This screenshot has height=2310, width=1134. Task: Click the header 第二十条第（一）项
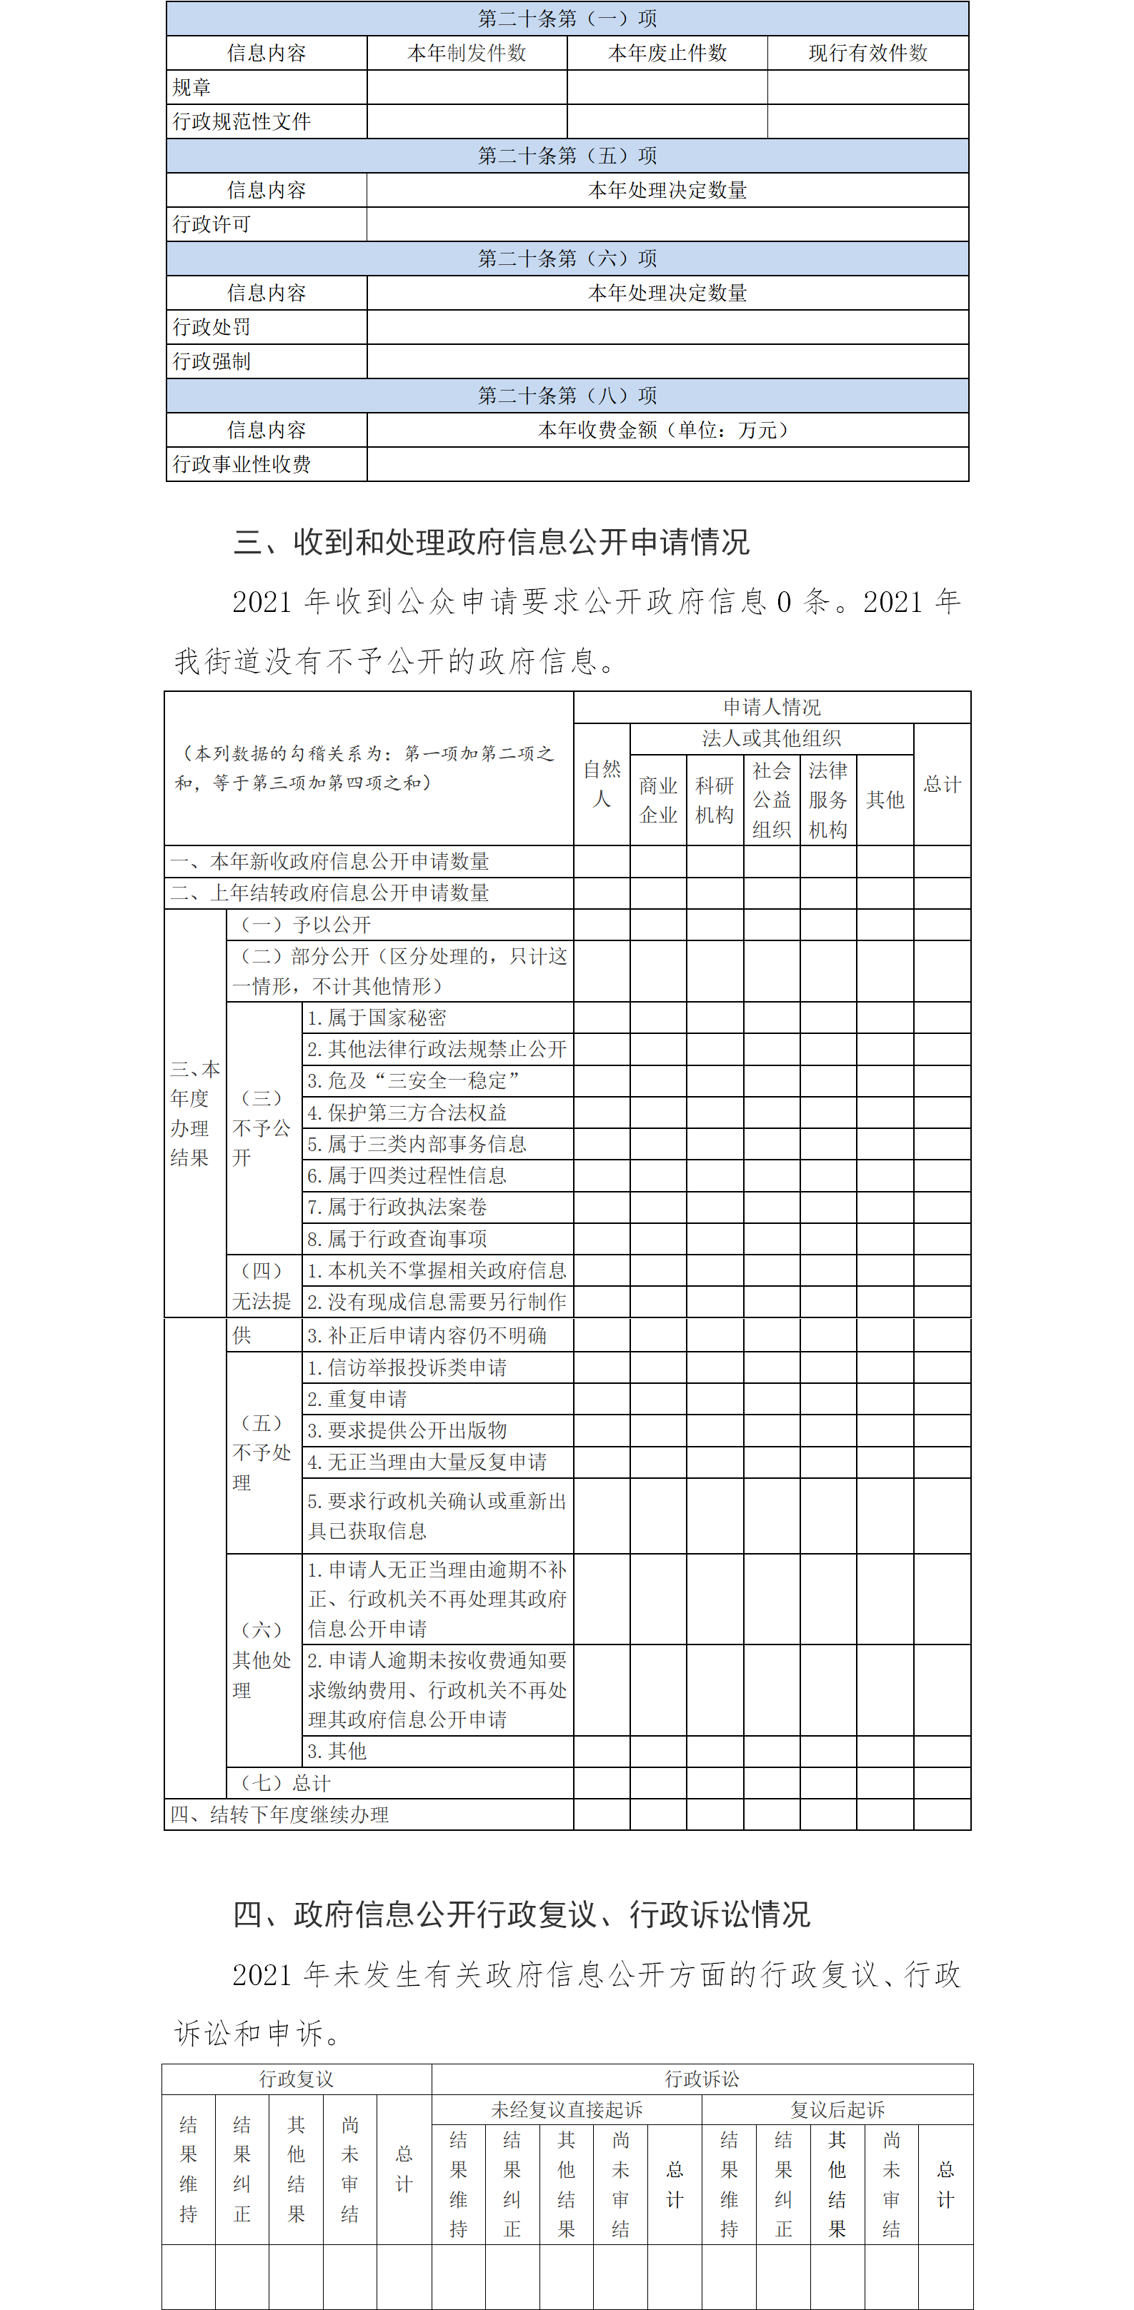(567, 19)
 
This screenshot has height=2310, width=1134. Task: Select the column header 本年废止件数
(667, 53)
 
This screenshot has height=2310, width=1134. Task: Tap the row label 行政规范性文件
(242, 122)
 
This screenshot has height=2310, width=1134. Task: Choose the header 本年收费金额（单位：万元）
(667, 431)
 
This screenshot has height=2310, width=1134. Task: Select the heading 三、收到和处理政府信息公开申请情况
(491, 542)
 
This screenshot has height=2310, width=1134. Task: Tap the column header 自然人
(601, 784)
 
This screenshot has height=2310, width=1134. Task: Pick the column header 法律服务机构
(827, 800)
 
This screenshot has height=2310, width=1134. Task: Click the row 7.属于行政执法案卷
(397, 1207)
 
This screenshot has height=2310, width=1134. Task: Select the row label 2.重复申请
(357, 1399)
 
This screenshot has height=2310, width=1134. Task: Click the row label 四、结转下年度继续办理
(280, 1814)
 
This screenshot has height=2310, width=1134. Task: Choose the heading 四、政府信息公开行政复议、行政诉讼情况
(521, 1914)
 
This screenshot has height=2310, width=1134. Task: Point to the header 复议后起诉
(837, 2109)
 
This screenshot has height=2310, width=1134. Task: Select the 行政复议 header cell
(296, 2079)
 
